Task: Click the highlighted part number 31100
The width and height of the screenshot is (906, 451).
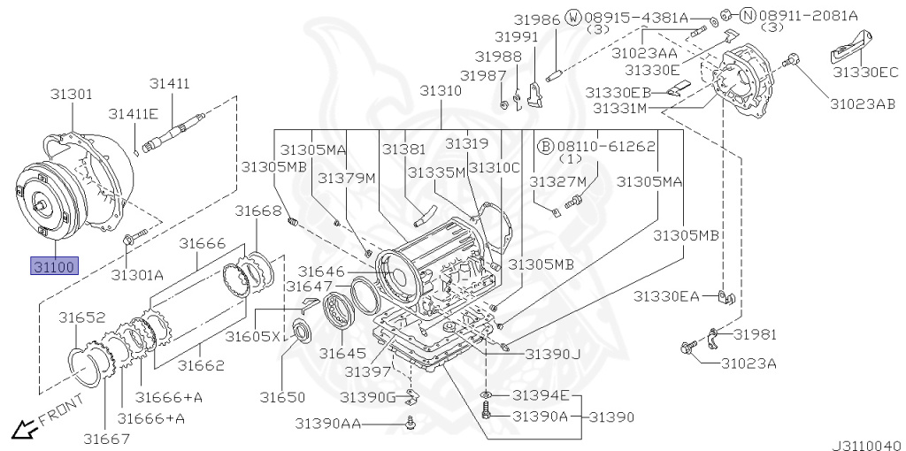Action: click(x=54, y=266)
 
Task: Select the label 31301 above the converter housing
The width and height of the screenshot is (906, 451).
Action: click(x=71, y=94)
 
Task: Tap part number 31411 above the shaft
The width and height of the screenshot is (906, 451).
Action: click(x=170, y=84)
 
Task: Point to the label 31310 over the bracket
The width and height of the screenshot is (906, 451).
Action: click(x=441, y=91)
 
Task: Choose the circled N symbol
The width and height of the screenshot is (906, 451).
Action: click(x=748, y=16)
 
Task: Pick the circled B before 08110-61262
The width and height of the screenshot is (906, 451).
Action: click(x=545, y=146)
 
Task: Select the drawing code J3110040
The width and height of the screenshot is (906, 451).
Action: click(x=868, y=445)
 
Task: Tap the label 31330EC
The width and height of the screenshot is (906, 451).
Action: click(x=865, y=72)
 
